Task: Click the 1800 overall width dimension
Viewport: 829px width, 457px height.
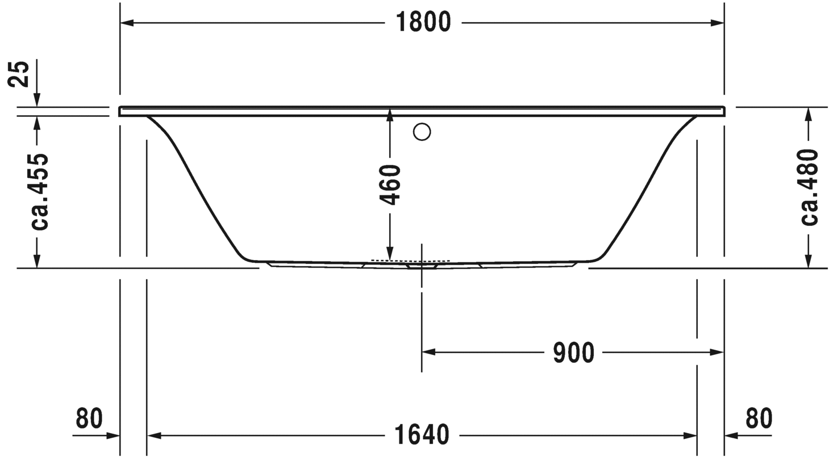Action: (x=423, y=22)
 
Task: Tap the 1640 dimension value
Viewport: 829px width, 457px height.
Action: (x=422, y=435)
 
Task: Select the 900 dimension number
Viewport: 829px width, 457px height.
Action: (x=573, y=353)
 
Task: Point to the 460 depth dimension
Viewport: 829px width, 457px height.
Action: (x=390, y=185)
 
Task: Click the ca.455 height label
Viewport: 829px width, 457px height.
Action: (x=40, y=191)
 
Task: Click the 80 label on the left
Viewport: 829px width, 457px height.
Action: (x=89, y=418)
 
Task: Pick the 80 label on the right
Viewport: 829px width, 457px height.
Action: (x=759, y=418)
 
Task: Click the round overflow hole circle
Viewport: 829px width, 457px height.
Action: (x=422, y=132)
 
